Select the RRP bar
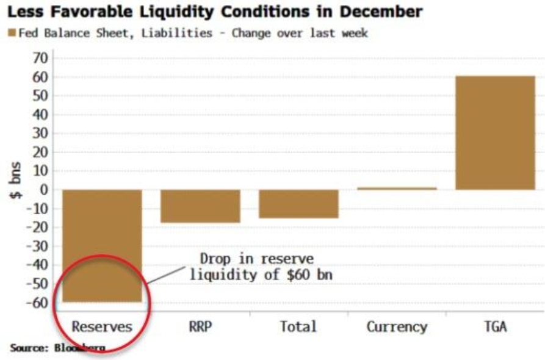pyautogui.click(x=200, y=206)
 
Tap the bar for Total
pyautogui.click(x=298, y=203)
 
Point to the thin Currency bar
pyautogui.click(x=397, y=188)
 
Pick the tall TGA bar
pyautogui.click(x=495, y=132)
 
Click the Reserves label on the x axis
pyautogui.click(x=102, y=326)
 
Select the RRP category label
pyautogui.click(x=200, y=326)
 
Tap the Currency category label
pyautogui.click(x=397, y=326)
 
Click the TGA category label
pyautogui.click(x=495, y=326)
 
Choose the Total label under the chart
pyautogui.click(x=298, y=326)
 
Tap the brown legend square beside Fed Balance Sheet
pyautogui.click(x=11, y=33)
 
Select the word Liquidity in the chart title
pyautogui.click(x=166, y=12)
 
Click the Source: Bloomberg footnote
pyautogui.click(x=57, y=348)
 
